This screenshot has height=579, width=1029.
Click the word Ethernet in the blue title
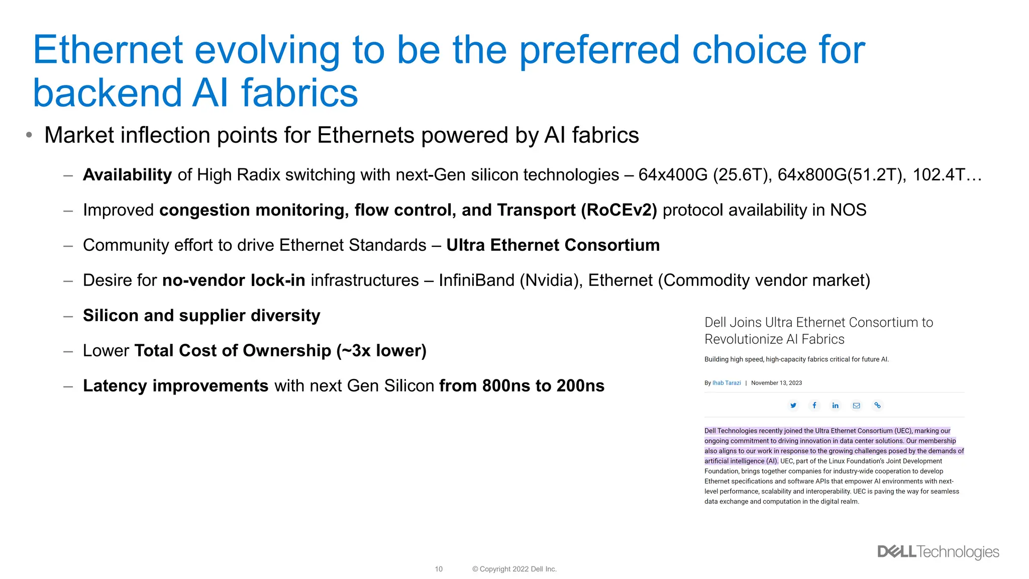click(108, 50)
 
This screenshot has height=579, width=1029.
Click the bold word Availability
click(127, 175)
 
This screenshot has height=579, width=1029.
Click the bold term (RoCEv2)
click(619, 210)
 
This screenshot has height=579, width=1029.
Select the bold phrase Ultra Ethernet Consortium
click(553, 245)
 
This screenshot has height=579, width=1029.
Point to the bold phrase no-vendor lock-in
click(234, 280)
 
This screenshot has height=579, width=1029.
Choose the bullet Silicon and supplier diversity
click(201, 316)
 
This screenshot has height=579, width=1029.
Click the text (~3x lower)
click(381, 351)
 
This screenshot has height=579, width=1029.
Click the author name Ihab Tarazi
click(727, 383)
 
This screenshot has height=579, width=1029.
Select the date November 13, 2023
click(776, 383)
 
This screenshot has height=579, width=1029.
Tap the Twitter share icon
click(793, 406)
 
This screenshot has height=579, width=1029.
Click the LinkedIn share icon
click(835, 406)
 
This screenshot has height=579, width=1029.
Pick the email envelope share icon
click(856, 406)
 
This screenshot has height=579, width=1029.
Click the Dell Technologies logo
click(938, 552)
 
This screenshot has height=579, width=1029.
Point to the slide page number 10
click(439, 569)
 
